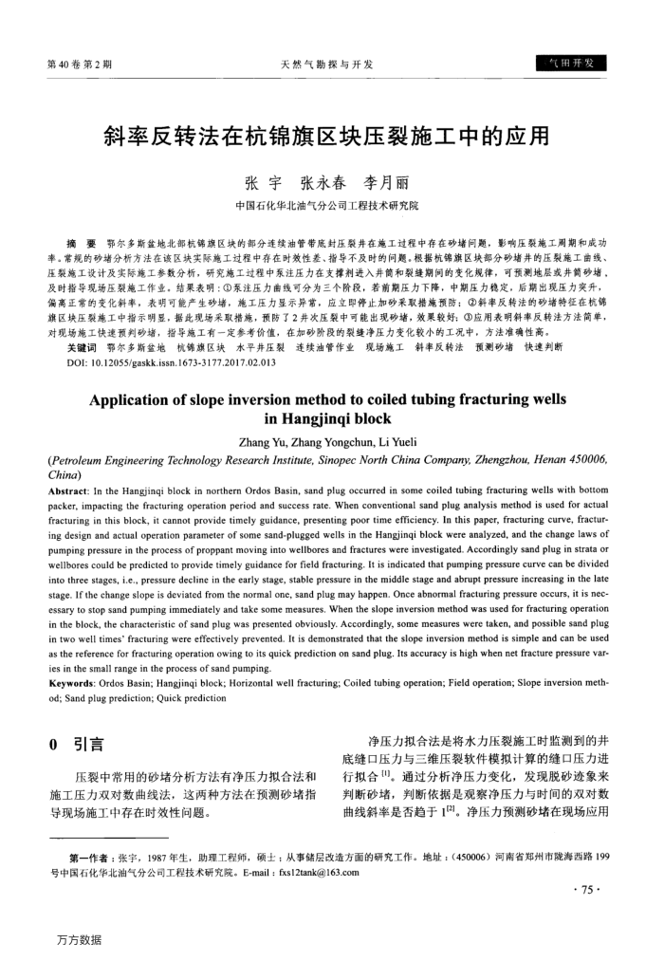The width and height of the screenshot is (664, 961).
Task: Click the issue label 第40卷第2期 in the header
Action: [80, 65]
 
